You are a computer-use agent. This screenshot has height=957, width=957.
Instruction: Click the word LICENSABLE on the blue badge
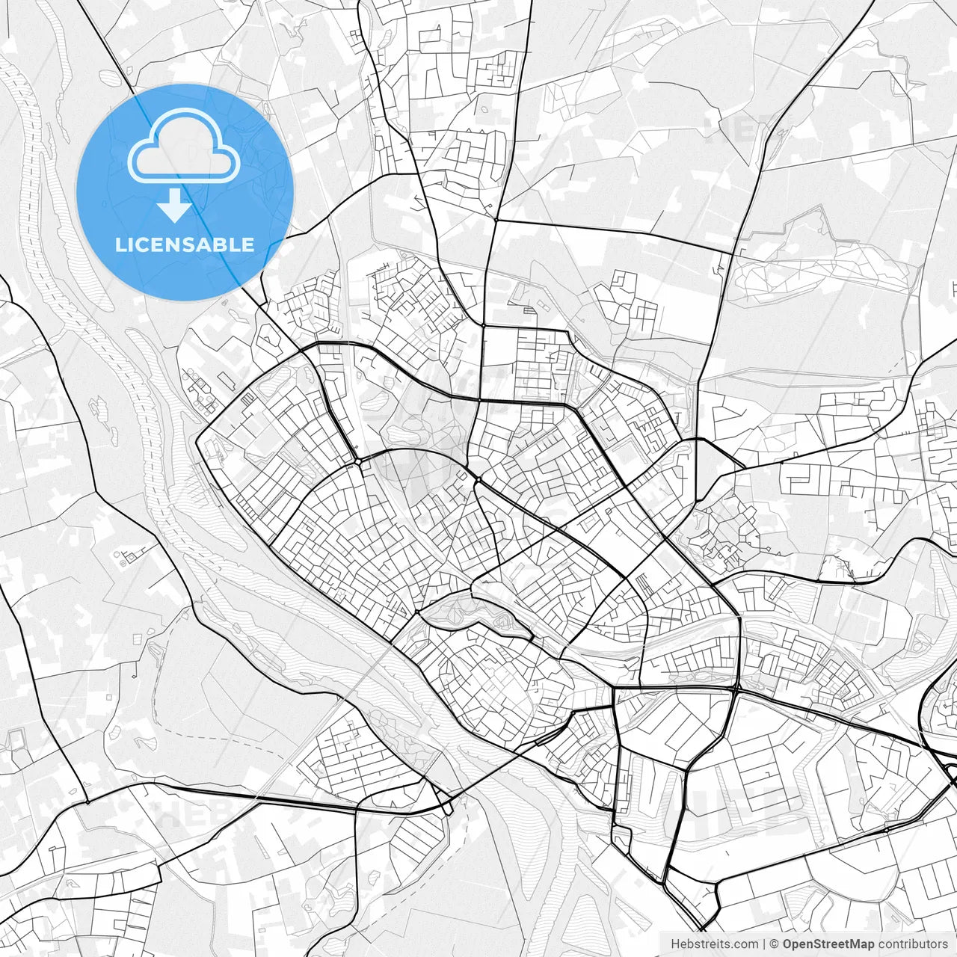coord(185,244)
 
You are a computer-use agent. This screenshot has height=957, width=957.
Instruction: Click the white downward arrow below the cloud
coord(175,206)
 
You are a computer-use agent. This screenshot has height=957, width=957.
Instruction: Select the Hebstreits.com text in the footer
coord(714,944)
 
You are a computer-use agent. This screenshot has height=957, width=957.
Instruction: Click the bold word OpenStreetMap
coord(828,944)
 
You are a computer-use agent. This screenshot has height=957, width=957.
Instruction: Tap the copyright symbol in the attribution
coord(775,944)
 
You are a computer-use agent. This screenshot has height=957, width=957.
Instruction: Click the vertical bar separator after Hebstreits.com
coord(764,944)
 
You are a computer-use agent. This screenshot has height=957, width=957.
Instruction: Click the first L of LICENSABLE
coord(120,244)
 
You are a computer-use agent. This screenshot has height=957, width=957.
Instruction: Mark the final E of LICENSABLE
coord(248,244)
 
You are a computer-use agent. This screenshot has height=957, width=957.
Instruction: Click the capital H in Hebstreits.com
coord(675,944)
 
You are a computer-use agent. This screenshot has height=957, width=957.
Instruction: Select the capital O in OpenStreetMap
coord(788,944)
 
